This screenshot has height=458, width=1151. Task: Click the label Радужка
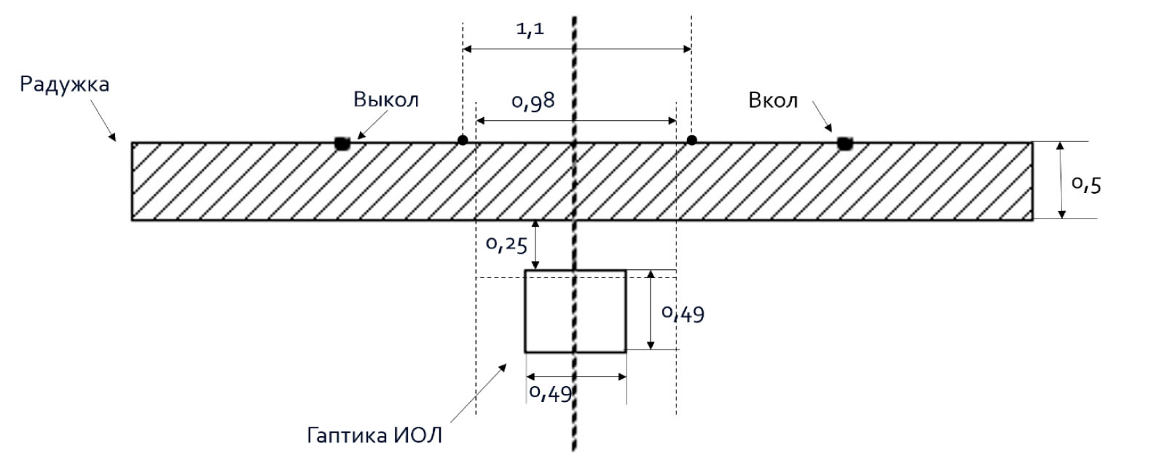[x=64, y=84]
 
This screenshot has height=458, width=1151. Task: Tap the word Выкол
[x=386, y=100]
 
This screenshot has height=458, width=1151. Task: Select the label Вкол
[x=773, y=100]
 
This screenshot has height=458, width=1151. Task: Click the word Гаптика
[x=347, y=435]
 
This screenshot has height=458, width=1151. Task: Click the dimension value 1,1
[x=530, y=28]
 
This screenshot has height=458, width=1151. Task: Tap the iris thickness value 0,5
[x=1086, y=185]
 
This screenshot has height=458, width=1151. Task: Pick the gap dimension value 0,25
[x=506, y=245]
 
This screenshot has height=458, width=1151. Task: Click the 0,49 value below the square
[x=550, y=394]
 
